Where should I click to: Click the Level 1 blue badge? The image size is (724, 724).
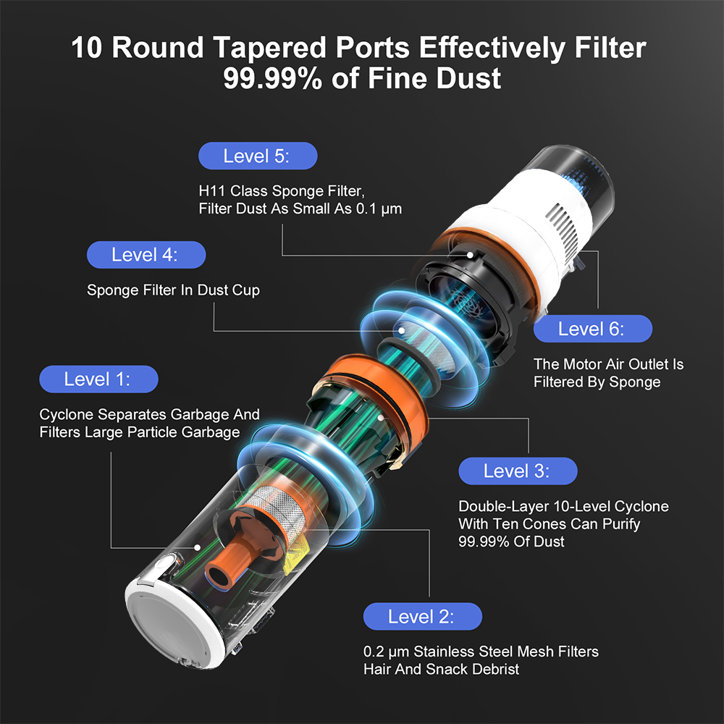point(98,379)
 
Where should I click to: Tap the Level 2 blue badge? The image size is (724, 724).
point(423,616)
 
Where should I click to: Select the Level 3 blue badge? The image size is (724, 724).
point(518,471)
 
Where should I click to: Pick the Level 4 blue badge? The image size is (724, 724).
point(146,255)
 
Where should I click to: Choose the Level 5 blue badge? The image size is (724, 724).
point(258,156)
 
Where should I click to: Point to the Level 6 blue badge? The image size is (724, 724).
point(593,329)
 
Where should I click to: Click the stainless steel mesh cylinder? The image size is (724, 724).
point(277,508)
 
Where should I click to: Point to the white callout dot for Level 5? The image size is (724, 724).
point(470,255)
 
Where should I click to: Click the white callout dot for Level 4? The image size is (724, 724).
point(402,331)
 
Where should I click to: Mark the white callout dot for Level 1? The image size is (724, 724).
point(197,547)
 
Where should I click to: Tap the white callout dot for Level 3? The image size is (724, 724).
point(381,418)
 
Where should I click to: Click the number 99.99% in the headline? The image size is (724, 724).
point(272,78)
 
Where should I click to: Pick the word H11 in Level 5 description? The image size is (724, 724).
point(212,190)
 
